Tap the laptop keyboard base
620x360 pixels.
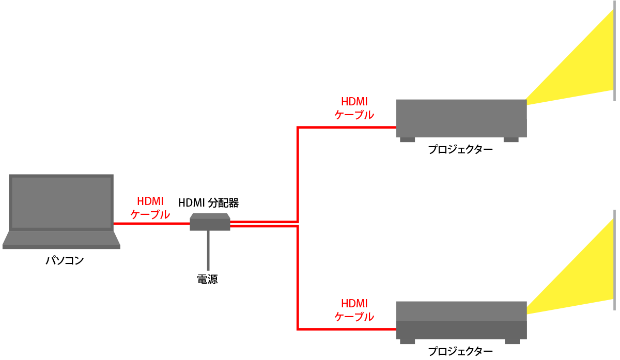click(x=61, y=239)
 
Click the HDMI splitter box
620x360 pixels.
click(x=210, y=223)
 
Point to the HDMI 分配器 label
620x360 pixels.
click(x=208, y=202)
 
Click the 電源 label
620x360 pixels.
click(x=208, y=279)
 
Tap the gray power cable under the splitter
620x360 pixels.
click(x=208, y=251)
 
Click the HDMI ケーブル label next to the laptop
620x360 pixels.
click(x=150, y=208)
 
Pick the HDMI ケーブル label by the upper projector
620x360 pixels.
click(x=354, y=108)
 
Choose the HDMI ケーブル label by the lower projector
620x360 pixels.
click(x=354, y=310)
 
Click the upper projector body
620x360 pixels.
click(x=461, y=118)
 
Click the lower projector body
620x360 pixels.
click(x=461, y=320)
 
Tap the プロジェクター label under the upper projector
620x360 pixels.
click(x=460, y=150)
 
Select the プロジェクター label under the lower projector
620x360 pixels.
click(x=460, y=352)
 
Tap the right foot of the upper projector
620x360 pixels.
click(x=510, y=139)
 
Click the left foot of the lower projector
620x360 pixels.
click(x=407, y=341)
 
